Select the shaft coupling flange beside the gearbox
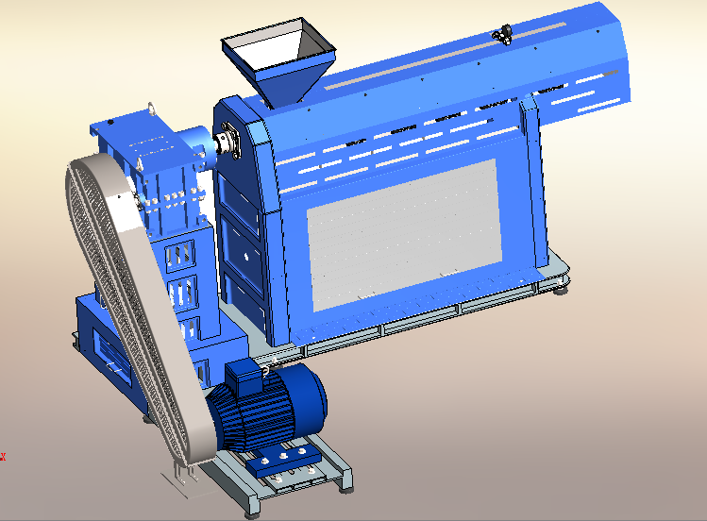pos(226,143)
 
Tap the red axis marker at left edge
pos(3,457)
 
